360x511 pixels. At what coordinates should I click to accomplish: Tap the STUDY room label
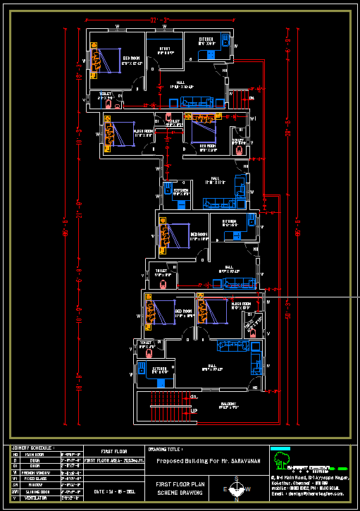tap(165, 50)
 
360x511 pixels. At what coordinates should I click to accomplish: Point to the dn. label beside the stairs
tap(194, 397)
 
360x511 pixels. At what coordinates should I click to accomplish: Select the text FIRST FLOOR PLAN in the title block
tap(180, 485)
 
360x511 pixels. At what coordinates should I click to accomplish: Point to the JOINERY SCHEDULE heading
tap(32, 448)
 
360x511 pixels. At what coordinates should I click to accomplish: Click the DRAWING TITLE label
tap(166, 448)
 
